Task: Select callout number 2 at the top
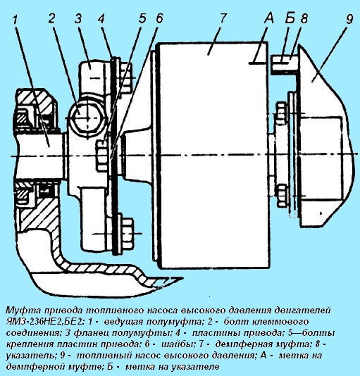(x=52, y=18)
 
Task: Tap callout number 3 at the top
(x=78, y=18)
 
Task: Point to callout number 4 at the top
(x=101, y=18)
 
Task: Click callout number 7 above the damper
(x=222, y=18)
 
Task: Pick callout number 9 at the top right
(x=349, y=19)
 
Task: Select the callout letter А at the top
(x=269, y=18)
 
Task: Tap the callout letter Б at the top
(x=290, y=18)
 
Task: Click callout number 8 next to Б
(x=304, y=18)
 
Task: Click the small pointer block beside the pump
(x=285, y=63)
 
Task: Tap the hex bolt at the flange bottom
(x=125, y=233)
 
